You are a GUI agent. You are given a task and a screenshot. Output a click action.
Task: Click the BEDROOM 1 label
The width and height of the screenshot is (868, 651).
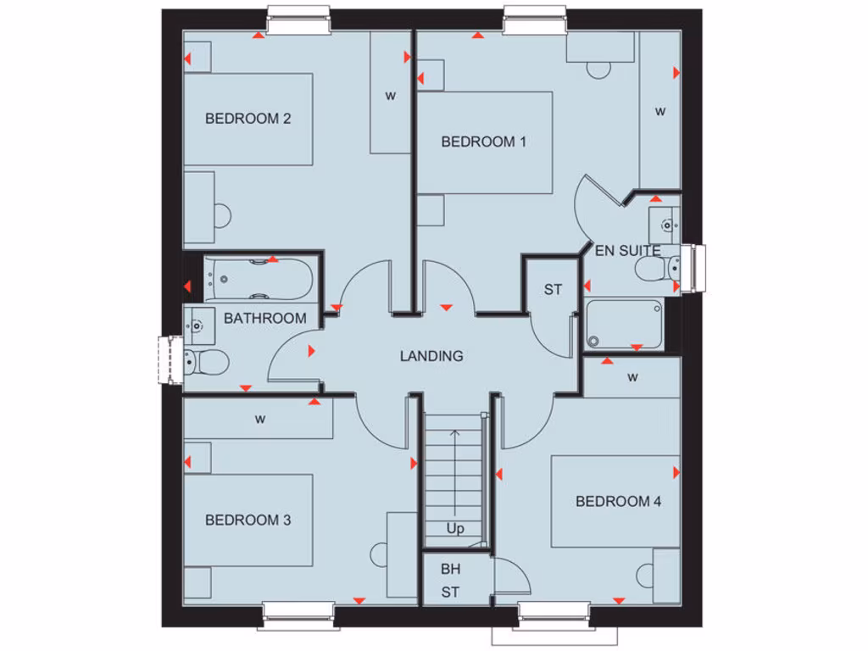point(483,142)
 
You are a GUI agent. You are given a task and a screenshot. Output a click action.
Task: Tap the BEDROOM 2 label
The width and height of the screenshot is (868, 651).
point(248,119)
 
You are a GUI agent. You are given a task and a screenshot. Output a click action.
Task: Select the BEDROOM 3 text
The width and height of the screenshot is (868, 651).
point(248,520)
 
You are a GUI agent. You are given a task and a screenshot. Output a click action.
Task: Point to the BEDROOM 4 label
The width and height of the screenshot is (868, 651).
point(618,501)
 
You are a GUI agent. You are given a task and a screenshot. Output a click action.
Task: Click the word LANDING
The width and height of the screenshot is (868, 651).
point(431,356)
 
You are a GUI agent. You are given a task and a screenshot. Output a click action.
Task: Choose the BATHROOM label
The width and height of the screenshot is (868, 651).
point(264,319)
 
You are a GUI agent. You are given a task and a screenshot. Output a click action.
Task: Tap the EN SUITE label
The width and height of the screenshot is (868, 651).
point(627,251)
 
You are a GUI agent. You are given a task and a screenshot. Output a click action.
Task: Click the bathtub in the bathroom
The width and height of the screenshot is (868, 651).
point(259,279)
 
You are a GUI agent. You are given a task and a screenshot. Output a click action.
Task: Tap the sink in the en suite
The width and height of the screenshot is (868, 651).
point(667,225)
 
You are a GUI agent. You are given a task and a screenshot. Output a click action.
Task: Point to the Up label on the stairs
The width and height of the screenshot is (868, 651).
point(455,529)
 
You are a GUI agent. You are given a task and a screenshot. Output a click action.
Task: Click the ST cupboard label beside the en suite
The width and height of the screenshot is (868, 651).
point(553,290)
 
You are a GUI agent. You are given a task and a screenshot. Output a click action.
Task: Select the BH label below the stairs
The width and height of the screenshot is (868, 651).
point(450,570)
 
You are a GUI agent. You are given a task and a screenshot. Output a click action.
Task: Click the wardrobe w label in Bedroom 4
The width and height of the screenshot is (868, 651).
point(632,378)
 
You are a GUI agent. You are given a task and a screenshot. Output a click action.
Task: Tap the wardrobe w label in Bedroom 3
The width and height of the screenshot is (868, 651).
point(259,419)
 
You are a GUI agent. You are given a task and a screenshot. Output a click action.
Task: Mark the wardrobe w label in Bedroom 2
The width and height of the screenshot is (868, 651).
point(391,96)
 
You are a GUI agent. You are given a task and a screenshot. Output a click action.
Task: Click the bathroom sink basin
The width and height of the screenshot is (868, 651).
point(198,322)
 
